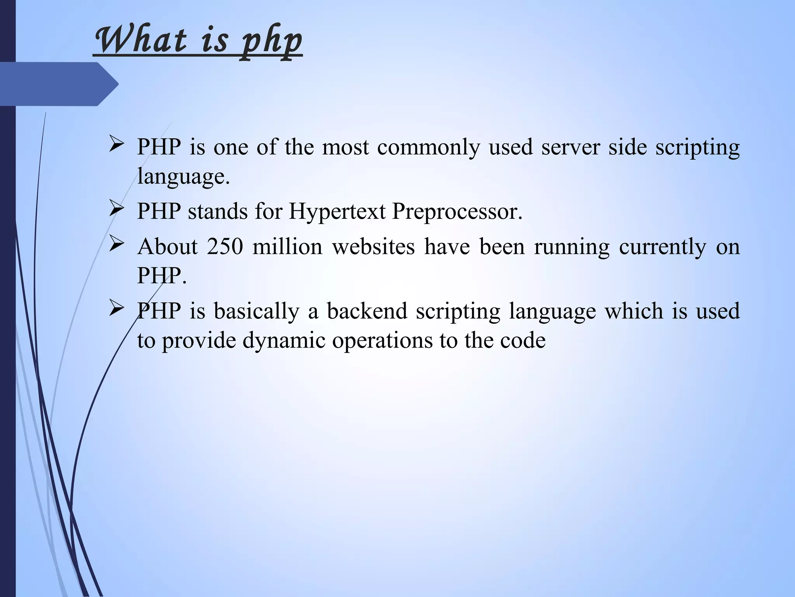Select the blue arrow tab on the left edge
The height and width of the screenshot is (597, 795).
click(x=58, y=84)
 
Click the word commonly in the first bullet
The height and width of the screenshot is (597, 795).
click(x=428, y=148)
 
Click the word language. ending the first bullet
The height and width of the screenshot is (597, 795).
click(x=184, y=177)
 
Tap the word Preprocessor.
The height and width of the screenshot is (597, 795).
click(x=457, y=212)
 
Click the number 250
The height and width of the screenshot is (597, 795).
click(x=225, y=246)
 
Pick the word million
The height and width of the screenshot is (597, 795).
click(x=287, y=246)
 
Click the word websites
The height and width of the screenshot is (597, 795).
click(x=373, y=246)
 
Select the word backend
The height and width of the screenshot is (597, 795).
click(x=367, y=311)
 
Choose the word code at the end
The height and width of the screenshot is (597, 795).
click(x=522, y=341)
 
